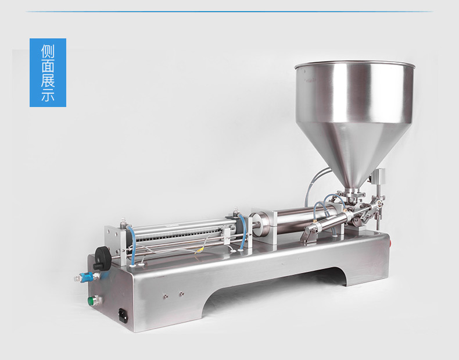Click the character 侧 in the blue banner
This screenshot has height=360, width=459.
click(48, 51)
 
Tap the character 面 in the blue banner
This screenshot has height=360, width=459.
click(48, 66)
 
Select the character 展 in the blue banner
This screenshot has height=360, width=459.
click(48, 80)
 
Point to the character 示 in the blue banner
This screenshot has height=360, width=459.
click(48, 94)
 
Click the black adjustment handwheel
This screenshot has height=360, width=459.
click(102, 258)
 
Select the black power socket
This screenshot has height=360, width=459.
click(123, 315)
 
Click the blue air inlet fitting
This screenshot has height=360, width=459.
click(88, 276)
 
